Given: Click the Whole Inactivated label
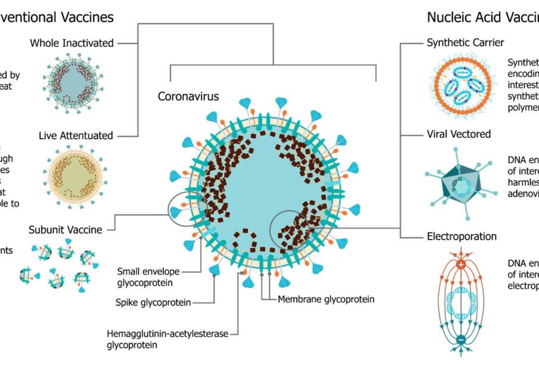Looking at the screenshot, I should [x=71, y=43].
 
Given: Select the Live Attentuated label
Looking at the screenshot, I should [x=76, y=136].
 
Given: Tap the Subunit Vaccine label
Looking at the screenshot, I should [x=65, y=229].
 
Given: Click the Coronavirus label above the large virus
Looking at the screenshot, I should [x=188, y=96].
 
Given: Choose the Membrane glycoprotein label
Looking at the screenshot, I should [x=326, y=299].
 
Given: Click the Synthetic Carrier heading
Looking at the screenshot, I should [x=465, y=43].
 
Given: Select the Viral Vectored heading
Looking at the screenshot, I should [x=459, y=134].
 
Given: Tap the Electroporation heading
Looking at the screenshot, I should [x=462, y=236].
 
